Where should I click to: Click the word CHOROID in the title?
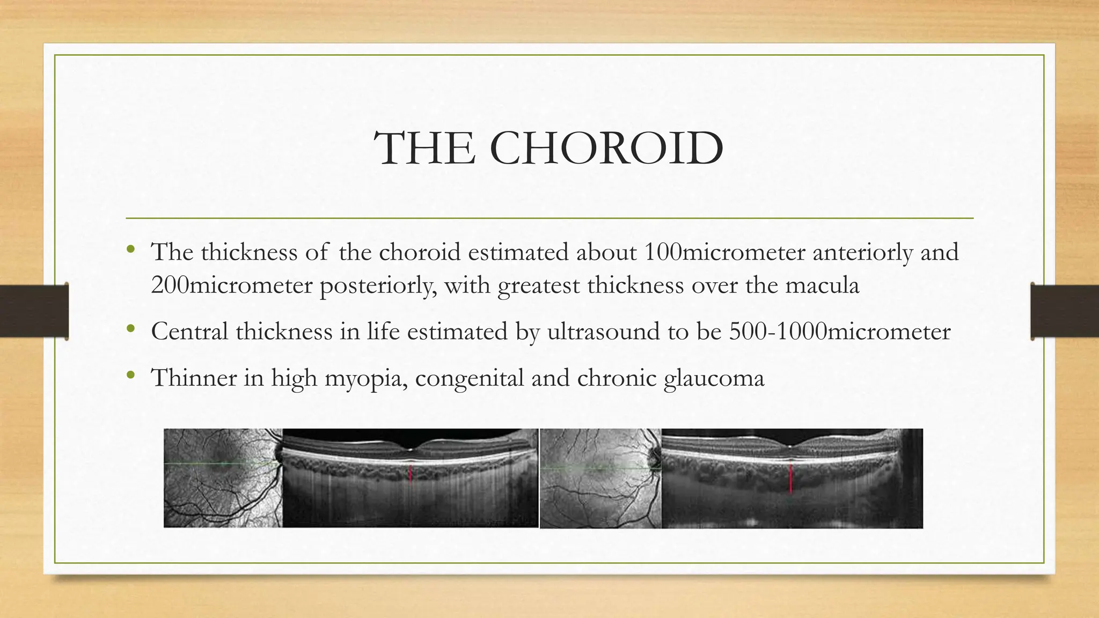click(606, 148)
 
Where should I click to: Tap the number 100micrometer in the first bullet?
click(724, 252)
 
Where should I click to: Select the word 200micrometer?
click(231, 285)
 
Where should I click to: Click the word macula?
click(822, 285)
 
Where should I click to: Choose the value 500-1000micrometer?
click(840, 331)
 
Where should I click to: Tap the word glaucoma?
click(714, 378)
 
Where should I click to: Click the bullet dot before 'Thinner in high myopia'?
click(130, 375)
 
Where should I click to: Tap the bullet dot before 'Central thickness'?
click(130, 328)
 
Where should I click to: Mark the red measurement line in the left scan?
click(411, 474)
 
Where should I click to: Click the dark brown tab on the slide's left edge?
click(34, 311)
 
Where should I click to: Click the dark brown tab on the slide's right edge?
click(1065, 311)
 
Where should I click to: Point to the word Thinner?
click(194, 378)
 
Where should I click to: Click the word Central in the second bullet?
click(189, 331)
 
